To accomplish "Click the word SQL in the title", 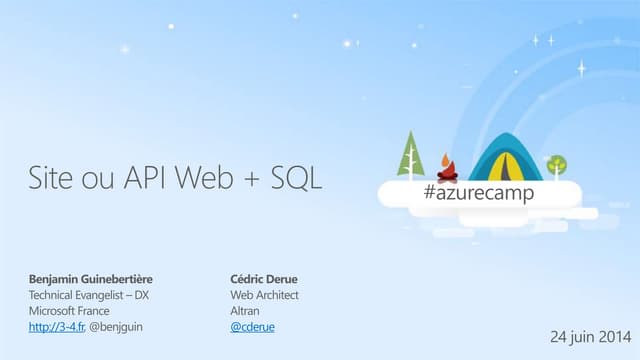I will coord(297,180).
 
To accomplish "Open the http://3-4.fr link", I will coord(56,327).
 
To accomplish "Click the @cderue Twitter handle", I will coord(252,327).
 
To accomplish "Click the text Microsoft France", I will coord(68,311).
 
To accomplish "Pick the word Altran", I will coord(245,311).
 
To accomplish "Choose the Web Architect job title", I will coord(264,295).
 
